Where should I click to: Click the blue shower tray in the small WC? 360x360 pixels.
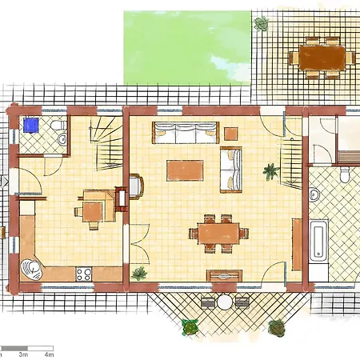click(32, 126)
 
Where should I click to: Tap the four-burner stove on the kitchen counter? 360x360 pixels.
click(84, 274)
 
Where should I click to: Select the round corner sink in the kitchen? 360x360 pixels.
click(32, 266)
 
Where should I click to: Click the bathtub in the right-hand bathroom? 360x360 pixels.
click(318, 239)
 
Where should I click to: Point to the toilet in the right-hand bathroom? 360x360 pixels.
click(346, 174)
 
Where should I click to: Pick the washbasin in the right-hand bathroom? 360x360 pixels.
click(314, 194)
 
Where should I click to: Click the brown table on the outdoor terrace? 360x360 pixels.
click(322, 57)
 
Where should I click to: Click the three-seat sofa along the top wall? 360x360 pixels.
click(186, 132)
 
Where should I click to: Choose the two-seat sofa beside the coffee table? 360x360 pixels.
click(231, 169)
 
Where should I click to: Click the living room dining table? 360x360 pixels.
click(218, 233)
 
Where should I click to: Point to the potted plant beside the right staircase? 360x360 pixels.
click(271, 170)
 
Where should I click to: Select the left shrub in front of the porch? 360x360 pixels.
click(190, 326)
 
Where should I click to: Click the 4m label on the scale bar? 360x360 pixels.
click(49, 353)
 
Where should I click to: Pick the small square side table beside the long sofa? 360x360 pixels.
click(231, 133)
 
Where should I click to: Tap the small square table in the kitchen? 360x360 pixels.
click(92, 210)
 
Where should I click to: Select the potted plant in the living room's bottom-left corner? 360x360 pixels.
click(139, 274)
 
